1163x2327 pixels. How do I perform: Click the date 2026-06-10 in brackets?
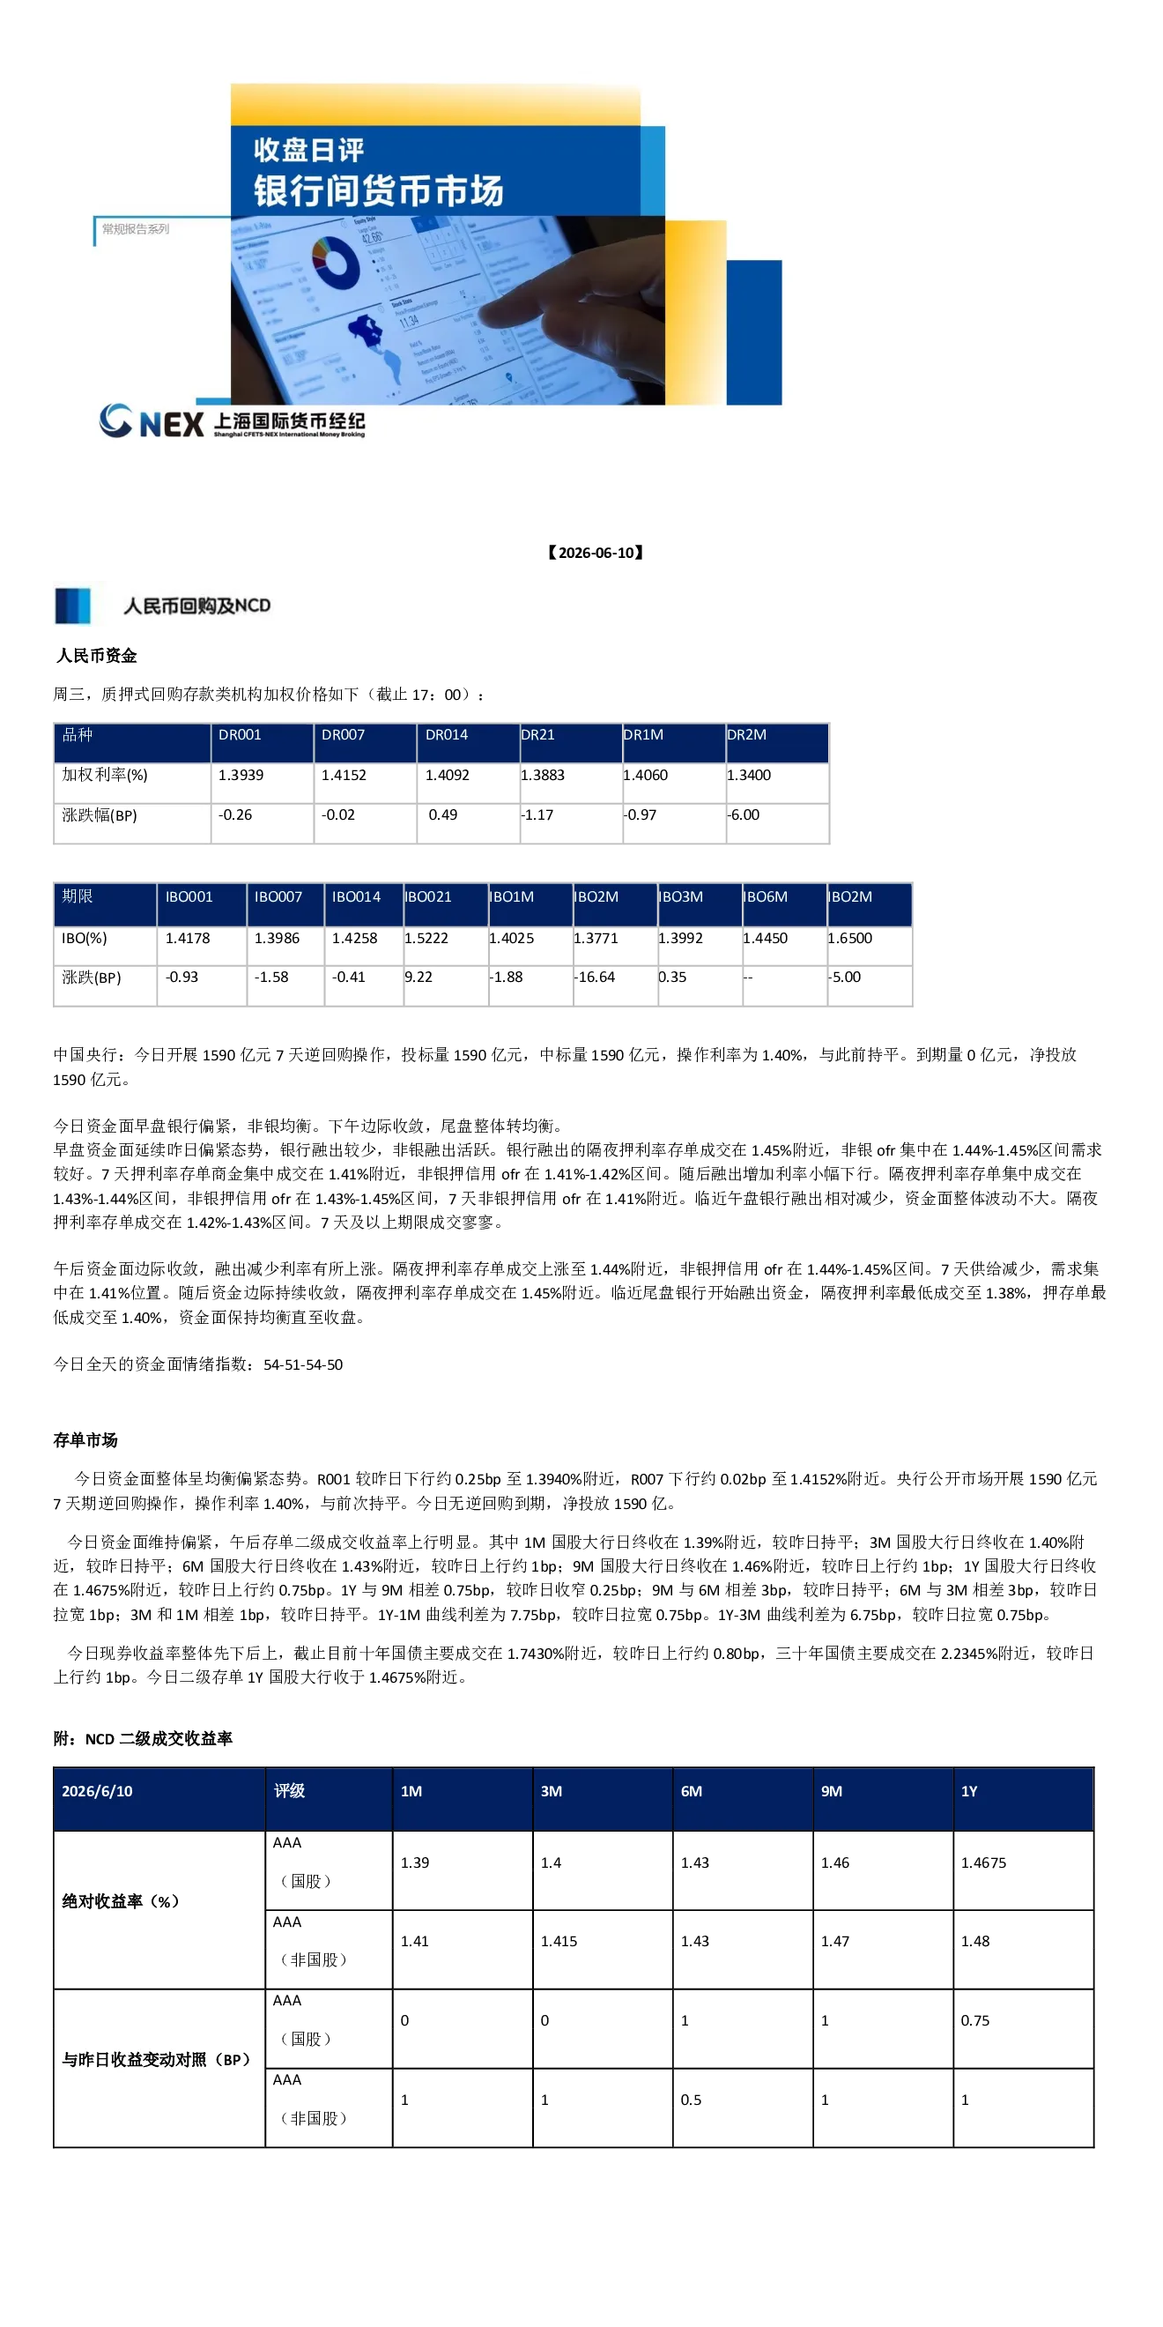click(596, 553)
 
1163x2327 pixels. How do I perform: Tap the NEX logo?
click(152, 422)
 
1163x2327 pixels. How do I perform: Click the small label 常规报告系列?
click(136, 229)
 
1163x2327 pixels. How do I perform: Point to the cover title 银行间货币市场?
click(378, 190)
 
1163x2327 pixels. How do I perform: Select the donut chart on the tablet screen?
click(335, 262)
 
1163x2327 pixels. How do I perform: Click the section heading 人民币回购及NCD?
click(196, 606)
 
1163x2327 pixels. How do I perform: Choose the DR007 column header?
click(343, 735)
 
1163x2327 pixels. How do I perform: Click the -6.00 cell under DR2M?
click(743, 814)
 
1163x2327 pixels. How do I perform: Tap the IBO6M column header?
click(765, 897)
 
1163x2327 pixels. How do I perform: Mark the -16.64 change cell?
click(594, 978)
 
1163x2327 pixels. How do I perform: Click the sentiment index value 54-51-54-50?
click(303, 1365)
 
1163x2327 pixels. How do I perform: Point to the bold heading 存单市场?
click(85, 1440)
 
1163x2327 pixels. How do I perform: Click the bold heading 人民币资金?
click(97, 656)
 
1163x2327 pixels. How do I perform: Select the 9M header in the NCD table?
click(832, 1791)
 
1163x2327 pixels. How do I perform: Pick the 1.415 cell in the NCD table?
click(559, 1941)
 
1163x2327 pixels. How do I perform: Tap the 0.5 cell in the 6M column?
click(691, 2100)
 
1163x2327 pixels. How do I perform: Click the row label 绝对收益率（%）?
click(121, 1901)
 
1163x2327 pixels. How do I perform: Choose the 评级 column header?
click(289, 1791)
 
